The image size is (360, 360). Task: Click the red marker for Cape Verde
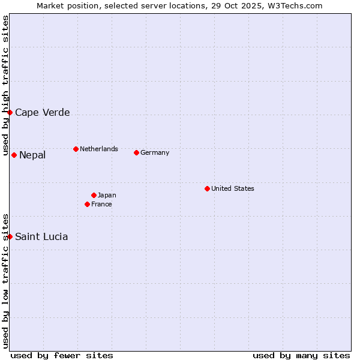coord(10,112)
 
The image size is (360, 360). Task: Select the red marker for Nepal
coord(14,155)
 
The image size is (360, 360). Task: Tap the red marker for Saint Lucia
coord(10,236)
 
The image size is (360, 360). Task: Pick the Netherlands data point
coord(76,149)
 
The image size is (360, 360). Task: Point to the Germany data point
coord(136,152)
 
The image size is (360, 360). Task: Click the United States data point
coord(207,188)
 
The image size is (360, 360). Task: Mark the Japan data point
coord(94,195)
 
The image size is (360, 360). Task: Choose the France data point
coord(87,204)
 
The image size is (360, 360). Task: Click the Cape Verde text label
coord(42,112)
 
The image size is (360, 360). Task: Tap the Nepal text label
coord(32,155)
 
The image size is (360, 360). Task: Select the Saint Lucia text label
coord(41,236)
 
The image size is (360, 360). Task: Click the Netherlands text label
coord(99,149)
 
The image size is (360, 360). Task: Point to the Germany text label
coord(155,152)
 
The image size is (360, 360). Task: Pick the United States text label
coord(233,188)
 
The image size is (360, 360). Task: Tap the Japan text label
coord(107,195)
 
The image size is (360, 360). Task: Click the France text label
coord(101,204)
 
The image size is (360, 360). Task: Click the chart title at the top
coord(179,5)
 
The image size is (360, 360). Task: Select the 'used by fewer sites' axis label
coord(62,355)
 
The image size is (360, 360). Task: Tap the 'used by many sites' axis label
coord(301,355)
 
